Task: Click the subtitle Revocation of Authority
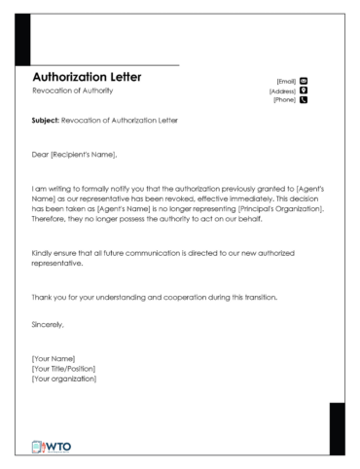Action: click(x=72, y=90)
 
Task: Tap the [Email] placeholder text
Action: click(x=286, y=82)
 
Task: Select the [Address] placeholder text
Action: click(x=282, y=90)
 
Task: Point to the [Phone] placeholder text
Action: click(x=284, y=99)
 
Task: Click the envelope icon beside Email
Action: click(x=304, y=82)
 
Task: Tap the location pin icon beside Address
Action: click(x=304, y=90)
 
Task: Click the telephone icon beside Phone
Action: click(x=304, y=99)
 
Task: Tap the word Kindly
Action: click(x=43, y=252)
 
